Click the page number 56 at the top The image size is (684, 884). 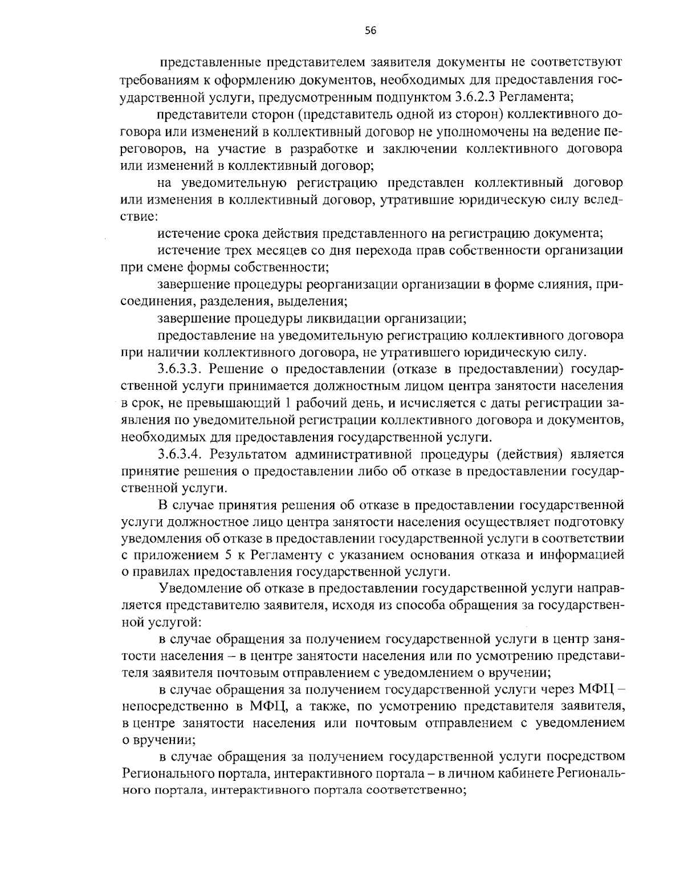(370, 31)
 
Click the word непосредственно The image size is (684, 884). (173, 707)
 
